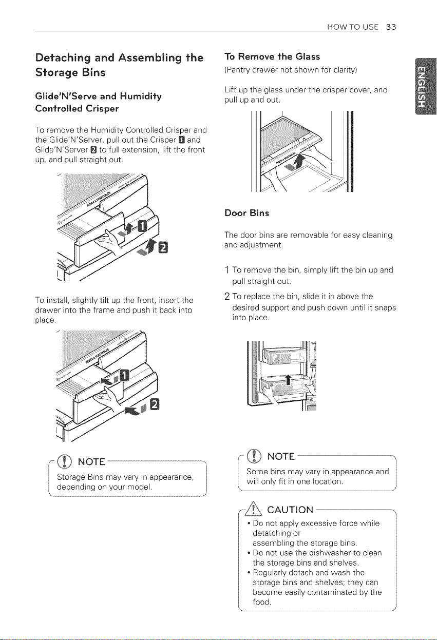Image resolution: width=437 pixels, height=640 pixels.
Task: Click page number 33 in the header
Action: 391,27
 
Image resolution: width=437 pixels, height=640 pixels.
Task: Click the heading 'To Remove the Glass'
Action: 272,56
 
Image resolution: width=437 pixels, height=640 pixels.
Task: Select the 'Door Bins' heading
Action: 246,213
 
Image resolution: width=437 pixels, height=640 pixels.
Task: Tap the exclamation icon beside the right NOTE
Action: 254,455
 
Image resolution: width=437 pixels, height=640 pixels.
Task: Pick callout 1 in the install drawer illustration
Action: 124,375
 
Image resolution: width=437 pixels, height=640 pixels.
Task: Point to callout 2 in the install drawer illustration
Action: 155,404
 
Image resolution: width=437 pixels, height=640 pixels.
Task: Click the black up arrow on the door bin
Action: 289,379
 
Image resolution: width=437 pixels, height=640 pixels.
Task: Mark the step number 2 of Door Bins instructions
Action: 227,297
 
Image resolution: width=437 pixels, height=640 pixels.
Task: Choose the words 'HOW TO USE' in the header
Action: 353,27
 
